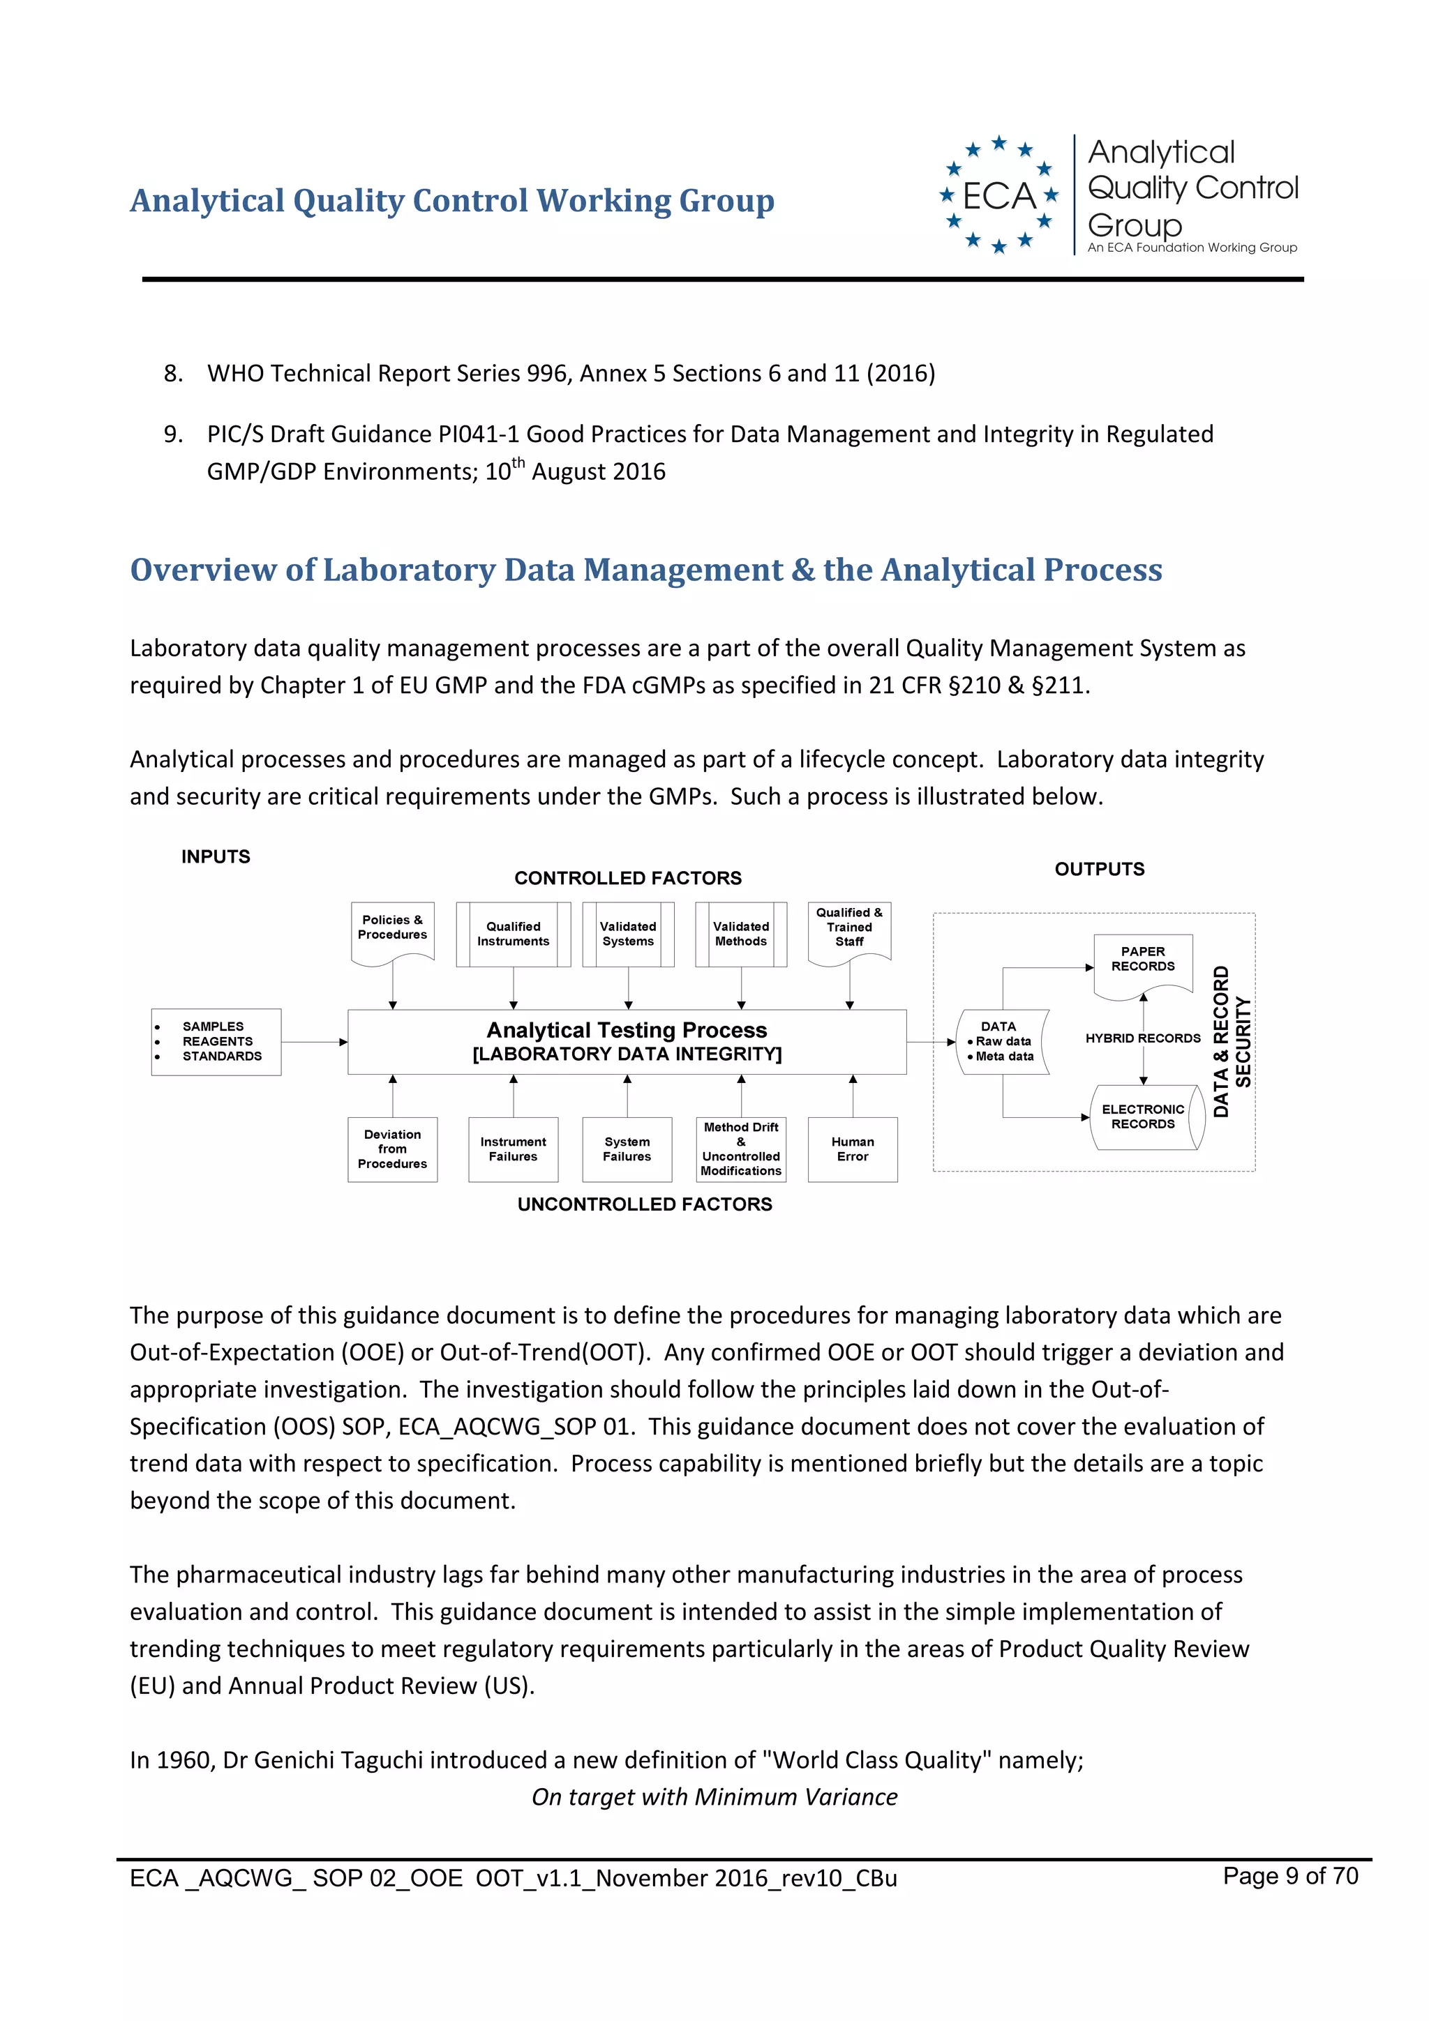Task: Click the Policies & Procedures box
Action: [x=392, y=930]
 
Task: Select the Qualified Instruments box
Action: [x=514, y=934]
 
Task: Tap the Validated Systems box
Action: [x=628, y=934]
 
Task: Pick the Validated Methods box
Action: [x=740, y=934]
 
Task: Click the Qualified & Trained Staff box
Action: [x=848, y=930]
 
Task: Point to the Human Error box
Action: [x=852, y=1149]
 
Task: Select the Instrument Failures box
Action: [x=514, y=1149]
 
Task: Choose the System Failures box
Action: [x=627, y=1149]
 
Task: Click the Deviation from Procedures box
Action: [x=393, y=1149]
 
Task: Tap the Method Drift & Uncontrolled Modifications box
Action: [x=740, y=1149]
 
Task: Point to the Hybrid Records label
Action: [x=1143, y=1038]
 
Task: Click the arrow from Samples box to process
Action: [x=314, y=1042]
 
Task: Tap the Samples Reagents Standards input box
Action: [x=216, y=1042]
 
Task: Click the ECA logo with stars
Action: [x=998, y=195]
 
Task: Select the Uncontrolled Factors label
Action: [x=645, y=1204]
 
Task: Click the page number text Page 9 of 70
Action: [x=1290, y=1876]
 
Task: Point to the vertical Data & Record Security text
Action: [x=1231, y=1041]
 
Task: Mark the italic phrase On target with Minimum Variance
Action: [x=714, y=1796]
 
